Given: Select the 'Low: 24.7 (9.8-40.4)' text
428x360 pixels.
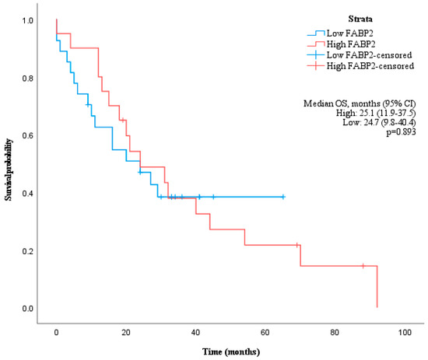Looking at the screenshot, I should (x=376, y=124).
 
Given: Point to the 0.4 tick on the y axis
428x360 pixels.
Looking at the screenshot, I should (x=28, y=194).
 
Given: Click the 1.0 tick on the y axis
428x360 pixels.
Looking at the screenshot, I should (x=28, y=20).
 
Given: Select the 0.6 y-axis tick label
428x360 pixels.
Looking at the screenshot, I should (x=28, y=136).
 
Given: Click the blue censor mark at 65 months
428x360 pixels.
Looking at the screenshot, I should (x=283, y=197).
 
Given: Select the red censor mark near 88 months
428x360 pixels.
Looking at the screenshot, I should (x=363, y=266).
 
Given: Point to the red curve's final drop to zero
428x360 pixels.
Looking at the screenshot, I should (x=377, y=288).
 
